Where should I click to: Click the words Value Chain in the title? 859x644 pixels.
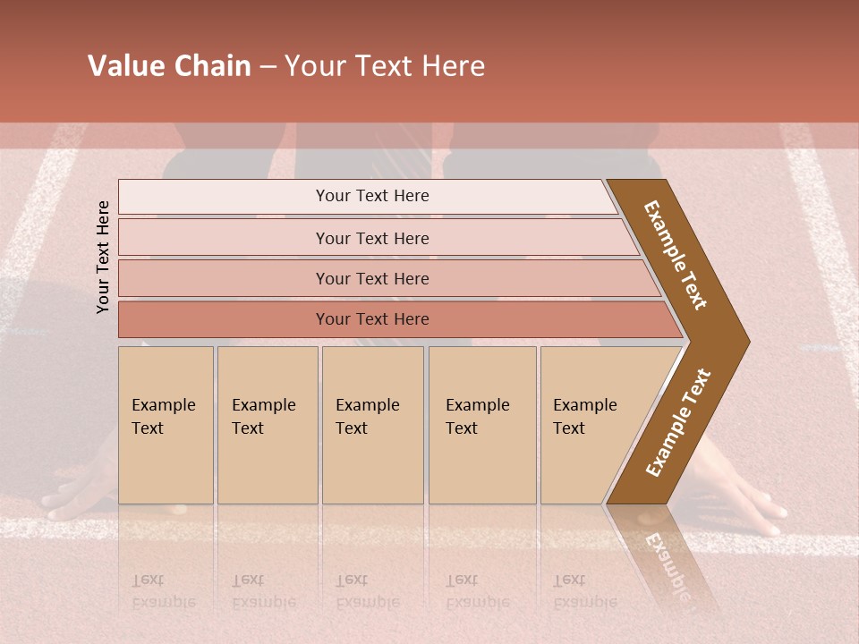coord(169,66)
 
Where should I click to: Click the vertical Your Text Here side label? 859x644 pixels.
coord(103,257)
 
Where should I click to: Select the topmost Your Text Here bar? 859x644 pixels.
coord(371,196)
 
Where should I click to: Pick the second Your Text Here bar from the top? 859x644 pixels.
coord(371,238)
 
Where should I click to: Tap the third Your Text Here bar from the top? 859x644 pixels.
coord(371,278)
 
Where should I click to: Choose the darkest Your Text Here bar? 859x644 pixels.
coord(371,319)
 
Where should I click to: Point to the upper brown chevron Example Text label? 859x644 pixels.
coord(676,255)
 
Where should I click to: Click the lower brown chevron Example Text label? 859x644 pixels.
coord(678,422)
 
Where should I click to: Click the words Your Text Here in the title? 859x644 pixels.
coord(385,66)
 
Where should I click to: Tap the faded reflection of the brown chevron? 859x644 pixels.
coord(667,559)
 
